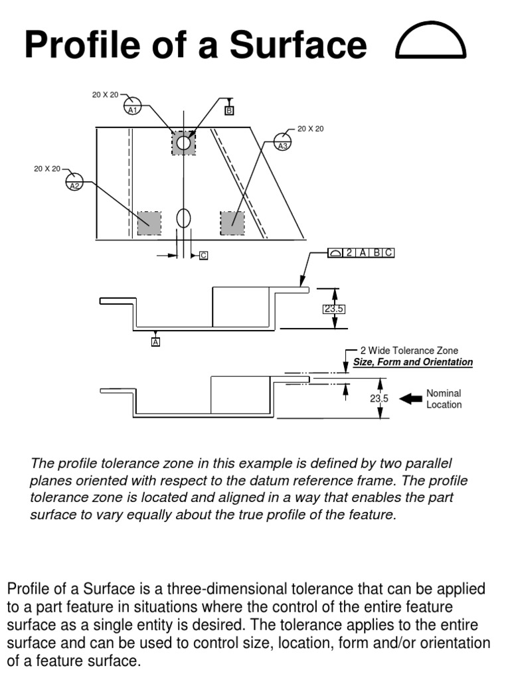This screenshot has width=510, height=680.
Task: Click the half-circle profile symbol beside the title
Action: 432,44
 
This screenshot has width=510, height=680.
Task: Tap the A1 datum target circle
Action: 133,105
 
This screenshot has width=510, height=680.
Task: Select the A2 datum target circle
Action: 74,181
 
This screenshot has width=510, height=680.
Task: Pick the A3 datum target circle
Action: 283,141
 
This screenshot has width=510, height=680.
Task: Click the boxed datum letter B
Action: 229,111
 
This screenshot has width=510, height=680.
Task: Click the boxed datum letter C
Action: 203,255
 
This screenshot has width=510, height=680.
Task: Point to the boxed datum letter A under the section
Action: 156,342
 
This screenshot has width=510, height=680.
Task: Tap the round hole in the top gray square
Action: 183,142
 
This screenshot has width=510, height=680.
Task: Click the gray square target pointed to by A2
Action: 149,223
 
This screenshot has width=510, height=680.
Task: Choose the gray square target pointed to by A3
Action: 232,223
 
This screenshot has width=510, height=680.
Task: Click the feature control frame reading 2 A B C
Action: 361,252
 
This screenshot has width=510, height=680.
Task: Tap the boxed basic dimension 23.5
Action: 335,309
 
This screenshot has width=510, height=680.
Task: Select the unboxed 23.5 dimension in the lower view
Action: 379,398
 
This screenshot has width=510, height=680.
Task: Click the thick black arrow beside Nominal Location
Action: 412,398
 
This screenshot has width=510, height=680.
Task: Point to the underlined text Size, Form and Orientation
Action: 412,362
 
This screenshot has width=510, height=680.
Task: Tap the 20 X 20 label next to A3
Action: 310,129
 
